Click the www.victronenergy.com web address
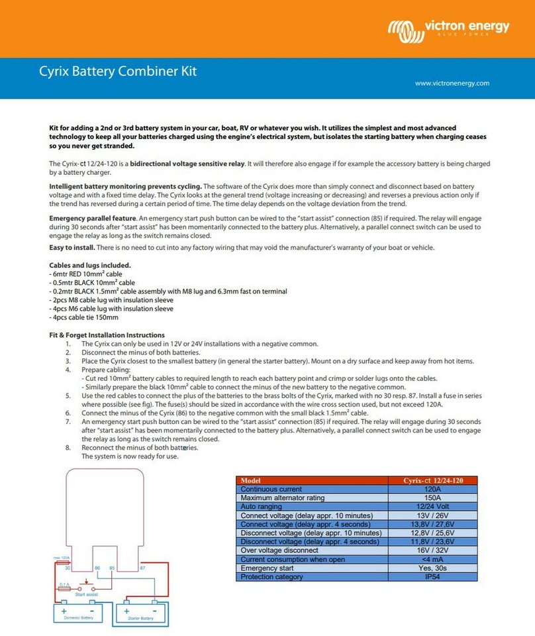point(453,83)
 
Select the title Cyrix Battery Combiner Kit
point(117,72)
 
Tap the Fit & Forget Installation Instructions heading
point(107,335)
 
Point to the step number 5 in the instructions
point(68,396)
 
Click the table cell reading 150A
point(432,498)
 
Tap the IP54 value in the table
point(432,577)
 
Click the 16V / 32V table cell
point(432,551)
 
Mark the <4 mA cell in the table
point(432,559)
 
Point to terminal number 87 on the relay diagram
point(142,568)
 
